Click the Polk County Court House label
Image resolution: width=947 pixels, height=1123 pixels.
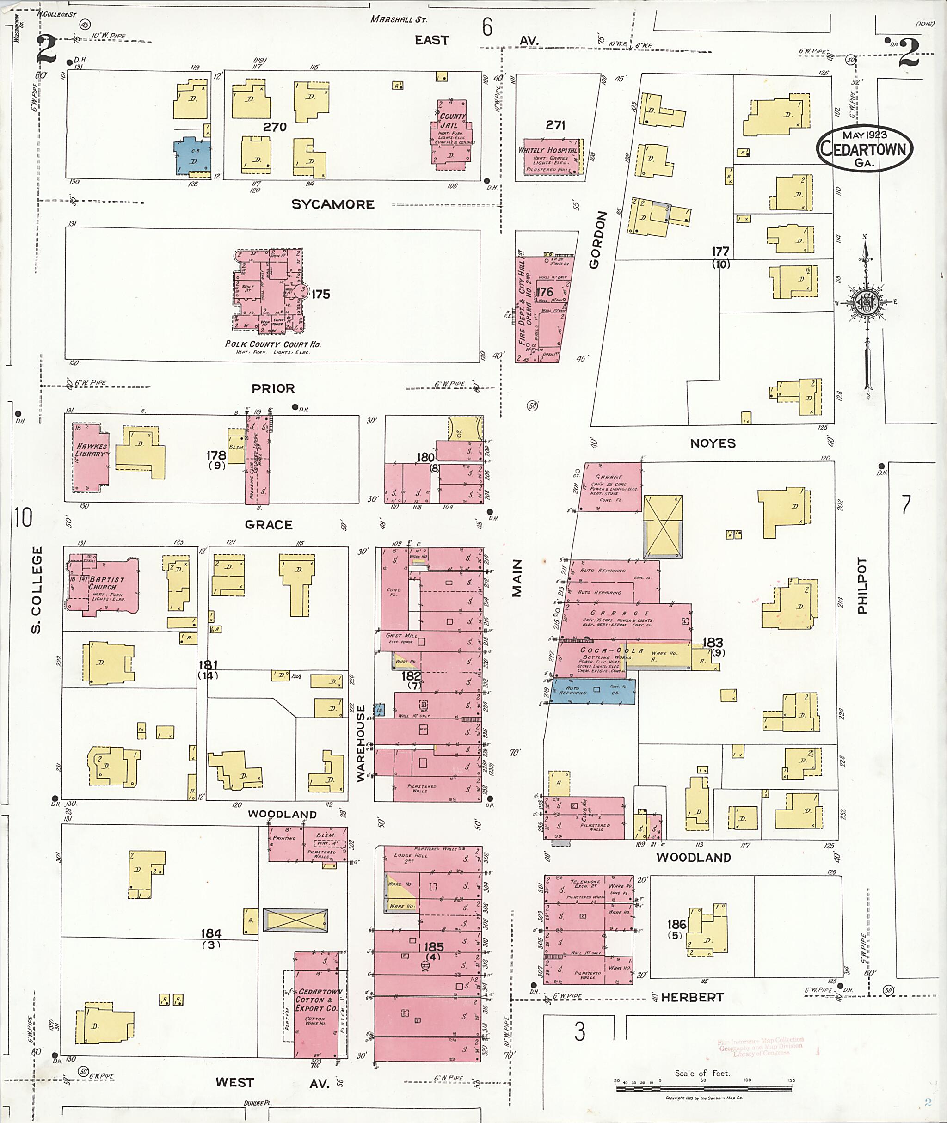[273, 344]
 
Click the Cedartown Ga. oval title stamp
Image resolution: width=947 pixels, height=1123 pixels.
[864, 149]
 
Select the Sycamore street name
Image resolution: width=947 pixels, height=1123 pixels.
[333, 204]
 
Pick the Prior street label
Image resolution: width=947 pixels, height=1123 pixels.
[273, 388]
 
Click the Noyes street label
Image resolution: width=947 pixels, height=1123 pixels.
[713, 443]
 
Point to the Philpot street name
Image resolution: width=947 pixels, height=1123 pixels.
[863, 586]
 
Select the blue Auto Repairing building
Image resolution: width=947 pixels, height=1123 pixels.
[594, 691]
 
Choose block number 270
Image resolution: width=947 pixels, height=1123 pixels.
[274, 127]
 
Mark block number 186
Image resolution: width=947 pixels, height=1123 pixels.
[676, 924]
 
